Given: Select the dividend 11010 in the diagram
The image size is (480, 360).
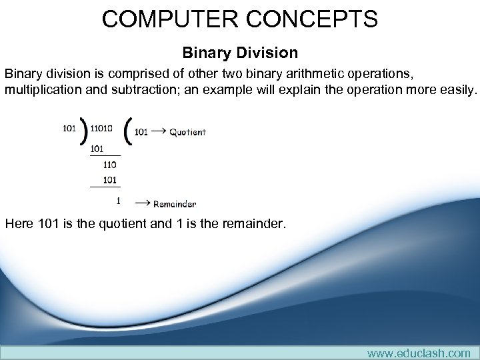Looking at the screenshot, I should point(101,129).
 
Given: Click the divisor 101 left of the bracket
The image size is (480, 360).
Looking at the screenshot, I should point(69,129).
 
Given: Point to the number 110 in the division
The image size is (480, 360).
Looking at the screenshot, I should point(109,164).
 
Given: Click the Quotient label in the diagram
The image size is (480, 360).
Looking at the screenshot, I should point(187,132).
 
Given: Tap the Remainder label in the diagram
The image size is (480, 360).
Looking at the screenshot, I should point(175,203).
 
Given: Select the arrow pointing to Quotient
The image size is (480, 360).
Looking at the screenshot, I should point(158,132).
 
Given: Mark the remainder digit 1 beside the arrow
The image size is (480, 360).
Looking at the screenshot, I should point(118,200).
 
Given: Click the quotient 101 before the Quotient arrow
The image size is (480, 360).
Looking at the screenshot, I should point(141,132).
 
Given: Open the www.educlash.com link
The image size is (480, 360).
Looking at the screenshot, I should point(418,353).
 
